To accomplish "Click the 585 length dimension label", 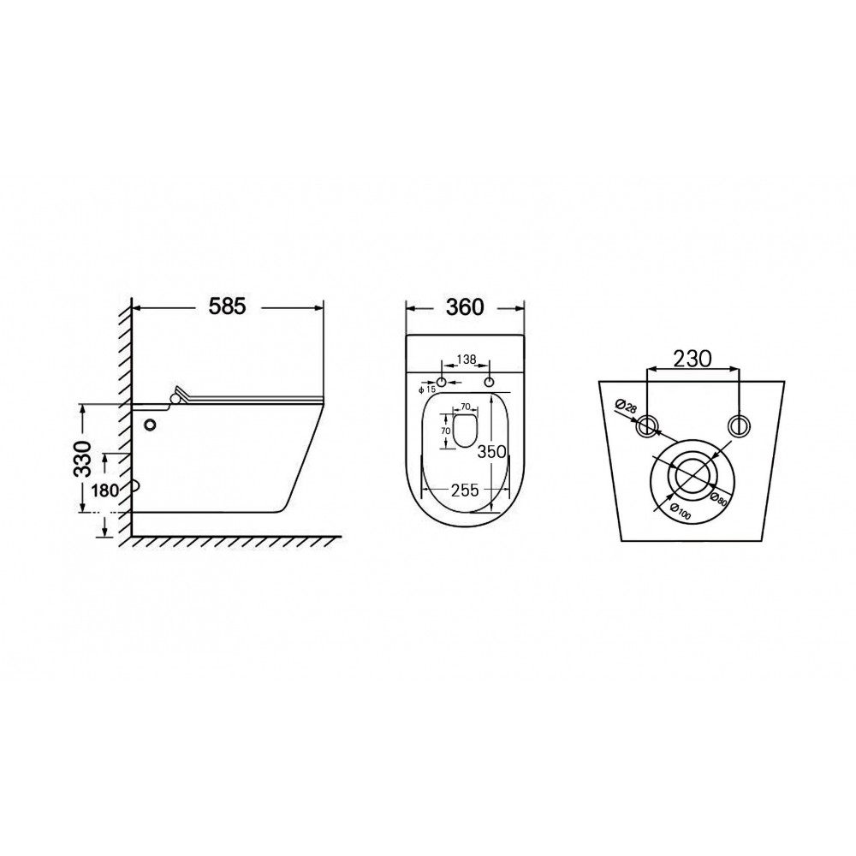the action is [228, 306].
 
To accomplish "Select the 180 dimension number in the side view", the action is [104, 490].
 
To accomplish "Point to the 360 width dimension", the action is [465, 307].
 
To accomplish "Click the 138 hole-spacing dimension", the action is [467, 360].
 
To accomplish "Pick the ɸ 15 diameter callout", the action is [427, 389].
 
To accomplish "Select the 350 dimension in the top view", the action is [492, 451].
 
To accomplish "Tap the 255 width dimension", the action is [465, 490].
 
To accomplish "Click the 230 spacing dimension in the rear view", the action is [693, 359].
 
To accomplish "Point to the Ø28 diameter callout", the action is [627, 407].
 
